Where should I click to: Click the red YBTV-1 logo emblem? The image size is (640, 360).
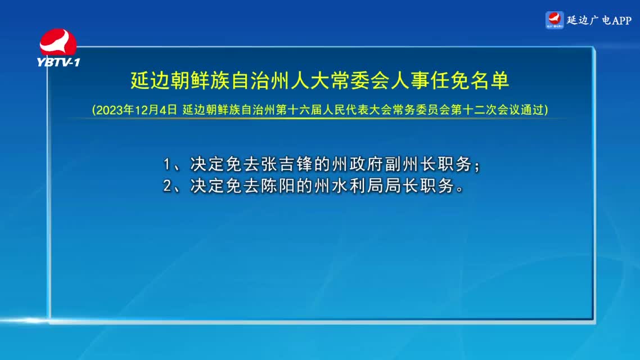(x=58, y=42)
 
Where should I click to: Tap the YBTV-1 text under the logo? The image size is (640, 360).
(x=58, y=62)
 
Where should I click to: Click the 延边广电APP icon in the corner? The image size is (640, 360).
(x=555, y=20)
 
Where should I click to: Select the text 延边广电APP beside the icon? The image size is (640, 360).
(x=599, y=20)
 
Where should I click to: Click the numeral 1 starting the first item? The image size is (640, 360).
(x=166, y=164)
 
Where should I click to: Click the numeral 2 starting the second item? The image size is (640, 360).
(x=167, y=186)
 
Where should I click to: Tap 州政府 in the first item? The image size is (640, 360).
(x=340, y=164)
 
